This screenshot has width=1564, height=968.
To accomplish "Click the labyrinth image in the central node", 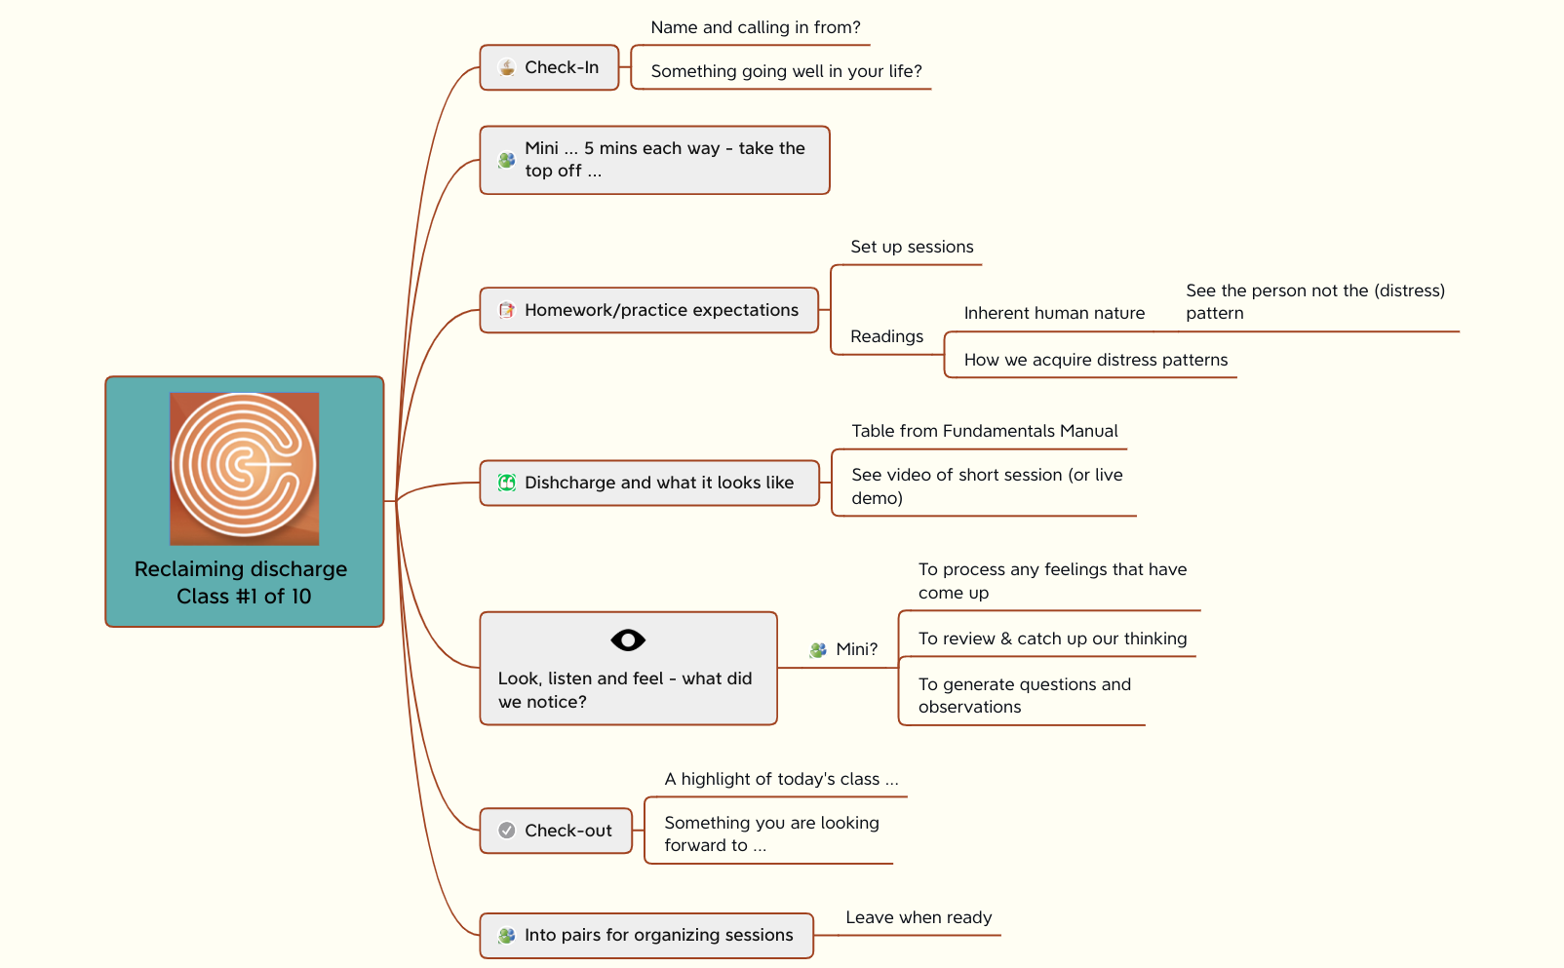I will click(x=244, y=467).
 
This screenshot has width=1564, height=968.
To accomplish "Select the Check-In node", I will click(x=549, y=67).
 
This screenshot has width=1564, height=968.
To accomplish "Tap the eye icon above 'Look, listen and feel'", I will click(x=628, y=640).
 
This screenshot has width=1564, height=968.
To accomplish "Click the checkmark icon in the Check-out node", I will click(x=507, y=831).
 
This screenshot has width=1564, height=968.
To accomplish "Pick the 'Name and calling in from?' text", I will click(x=755, y=27).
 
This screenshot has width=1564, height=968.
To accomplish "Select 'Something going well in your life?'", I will click(x=786, y=71).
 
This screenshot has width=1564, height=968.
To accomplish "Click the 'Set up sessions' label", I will click(x=911, y=247).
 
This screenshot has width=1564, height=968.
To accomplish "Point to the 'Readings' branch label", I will click(x=886, y=336).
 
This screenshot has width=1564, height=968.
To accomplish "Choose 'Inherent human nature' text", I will click(x=1054, y=313).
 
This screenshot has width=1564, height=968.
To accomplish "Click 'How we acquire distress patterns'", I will click(x=1095, y=360).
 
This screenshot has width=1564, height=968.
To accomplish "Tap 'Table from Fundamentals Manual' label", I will click(x=984, y=431).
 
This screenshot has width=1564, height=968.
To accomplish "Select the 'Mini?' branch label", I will click(x=856, y=649).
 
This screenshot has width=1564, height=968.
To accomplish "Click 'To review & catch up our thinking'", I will click(x=1052, y=639).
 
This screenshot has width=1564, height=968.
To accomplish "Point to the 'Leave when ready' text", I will click(x=918, y=917).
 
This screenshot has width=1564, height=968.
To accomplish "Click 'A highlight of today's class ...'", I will click(x=781, y=779).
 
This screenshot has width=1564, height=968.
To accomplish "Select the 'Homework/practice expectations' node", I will click(x=660, y=310).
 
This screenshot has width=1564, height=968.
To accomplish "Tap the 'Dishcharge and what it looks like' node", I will click(x=658, y=483).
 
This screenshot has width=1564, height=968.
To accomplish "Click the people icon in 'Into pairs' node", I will click(x=506, y=935).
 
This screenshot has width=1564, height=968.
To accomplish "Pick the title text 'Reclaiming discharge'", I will click(x=241, y=568).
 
